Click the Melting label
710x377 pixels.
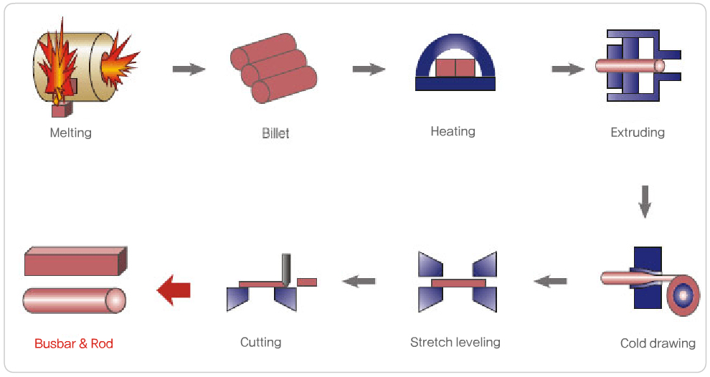click(71, 133)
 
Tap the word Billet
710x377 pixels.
click(275, 133)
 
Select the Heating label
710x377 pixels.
click(453, 131)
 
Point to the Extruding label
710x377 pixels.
click(638, 132)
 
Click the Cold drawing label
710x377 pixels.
click(658, 343)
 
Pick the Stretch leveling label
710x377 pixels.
click(455, 342)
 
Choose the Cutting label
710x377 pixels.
click(260, 342)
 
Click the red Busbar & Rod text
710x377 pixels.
click(74, 343)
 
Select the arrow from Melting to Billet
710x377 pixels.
click(189, 69)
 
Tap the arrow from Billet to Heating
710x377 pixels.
click(369, 69)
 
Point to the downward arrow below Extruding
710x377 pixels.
click(645, 201)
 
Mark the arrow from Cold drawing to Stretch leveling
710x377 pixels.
click(550, 281)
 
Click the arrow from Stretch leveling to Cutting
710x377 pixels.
click(359, 281)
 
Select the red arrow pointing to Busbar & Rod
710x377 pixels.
click(174, 290)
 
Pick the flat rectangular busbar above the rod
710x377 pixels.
click(75, 262)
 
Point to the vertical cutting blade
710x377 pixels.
click(287, 269)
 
